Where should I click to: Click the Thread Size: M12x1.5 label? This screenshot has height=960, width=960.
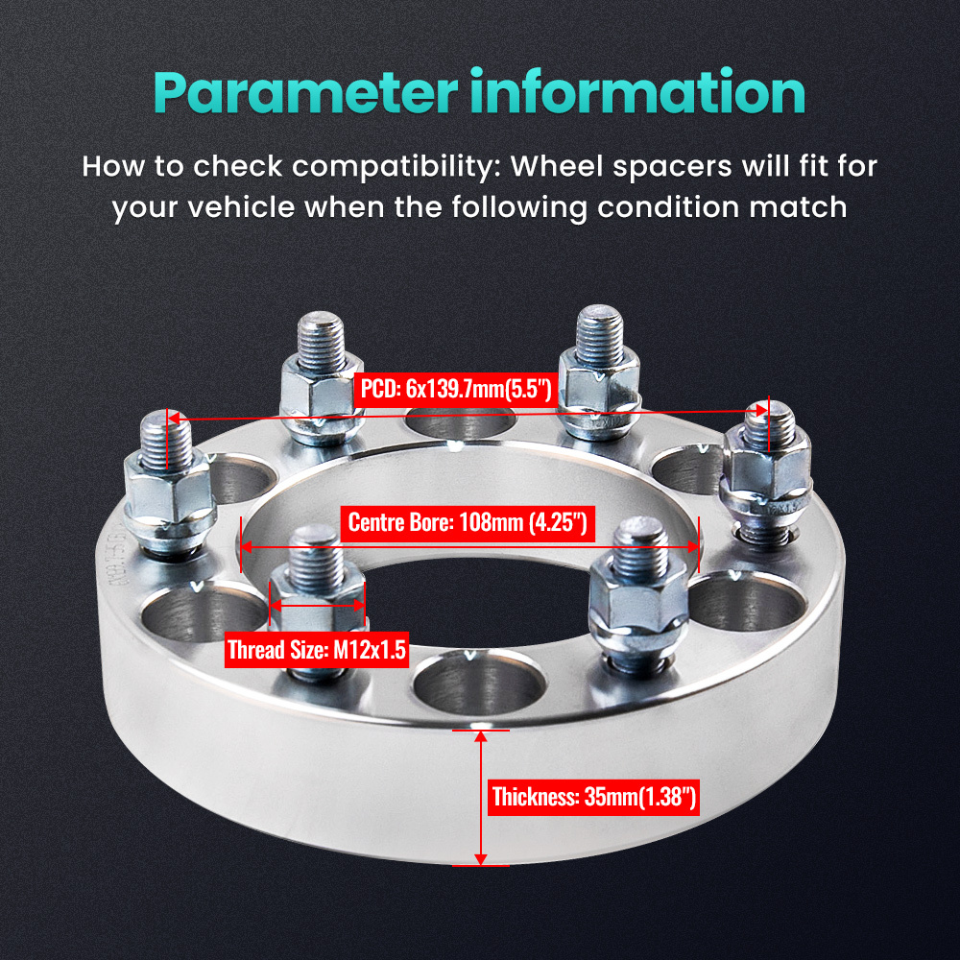coord(316,650)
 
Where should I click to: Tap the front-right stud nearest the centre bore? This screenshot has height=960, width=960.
coord(629,586)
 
